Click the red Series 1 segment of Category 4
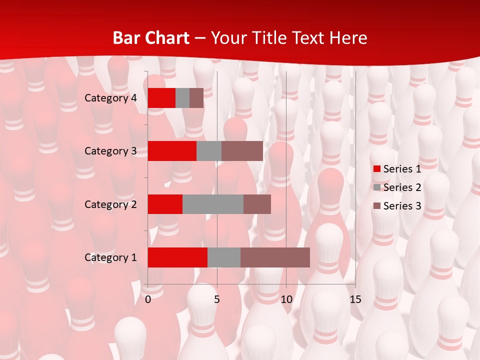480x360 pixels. point(161,98)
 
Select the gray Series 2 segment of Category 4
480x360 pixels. point(182,98)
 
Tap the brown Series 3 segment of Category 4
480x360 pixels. point(196,98)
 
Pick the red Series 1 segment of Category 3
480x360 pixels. point(172,151)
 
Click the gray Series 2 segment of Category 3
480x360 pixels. point(209,151)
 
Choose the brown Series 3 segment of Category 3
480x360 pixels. point(242,151)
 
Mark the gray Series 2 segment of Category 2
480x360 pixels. point(213,204)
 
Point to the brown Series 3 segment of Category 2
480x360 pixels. point(257,204)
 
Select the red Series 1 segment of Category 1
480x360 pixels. point(177,257)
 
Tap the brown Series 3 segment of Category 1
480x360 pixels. point(275,257)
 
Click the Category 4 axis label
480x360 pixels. point(110,98)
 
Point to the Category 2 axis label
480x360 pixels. point(110,204)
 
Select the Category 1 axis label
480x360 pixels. point(110,257)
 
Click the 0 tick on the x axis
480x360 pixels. point(148,299)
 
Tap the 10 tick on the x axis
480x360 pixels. point(286,299)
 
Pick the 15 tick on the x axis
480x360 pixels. point(355,299)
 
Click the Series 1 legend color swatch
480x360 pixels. point(376,169)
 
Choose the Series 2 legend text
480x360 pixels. point(402,187)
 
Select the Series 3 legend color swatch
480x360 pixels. point(376,206)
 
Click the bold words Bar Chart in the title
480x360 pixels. point(150,38)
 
